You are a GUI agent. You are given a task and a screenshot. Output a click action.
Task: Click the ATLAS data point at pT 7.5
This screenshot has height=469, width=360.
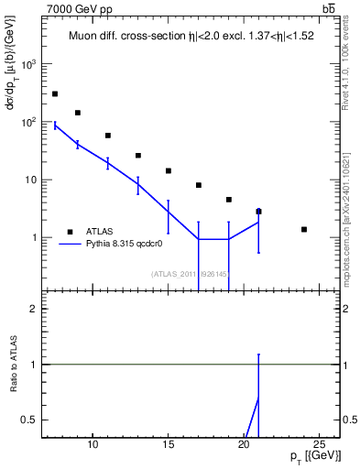pos(55,93)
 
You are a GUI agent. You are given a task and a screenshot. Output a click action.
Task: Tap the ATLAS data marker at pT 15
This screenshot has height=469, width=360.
pos(169,170)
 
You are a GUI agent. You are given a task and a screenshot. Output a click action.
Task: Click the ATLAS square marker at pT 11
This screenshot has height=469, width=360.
pos(108,136)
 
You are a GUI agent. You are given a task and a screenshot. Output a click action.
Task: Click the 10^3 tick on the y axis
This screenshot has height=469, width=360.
pos(29,64)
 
